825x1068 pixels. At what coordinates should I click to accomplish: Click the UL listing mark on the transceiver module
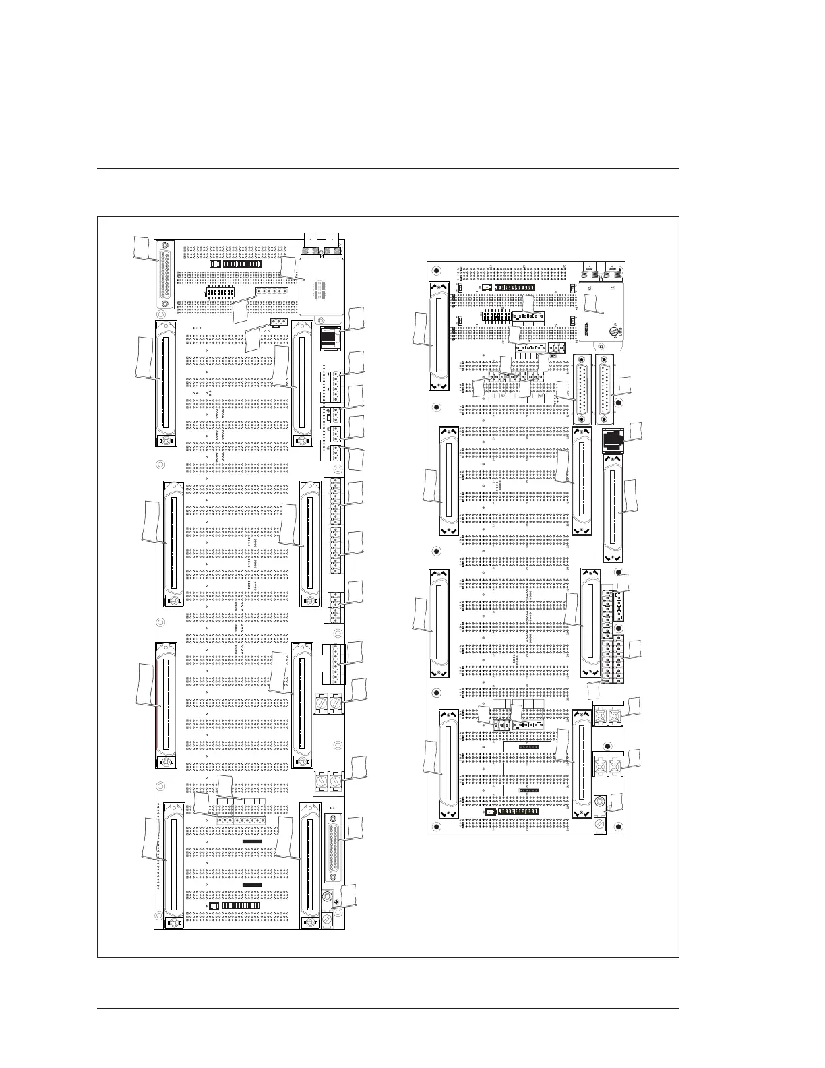[615, 331]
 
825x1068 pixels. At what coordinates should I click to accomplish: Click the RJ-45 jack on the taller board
[329, 337]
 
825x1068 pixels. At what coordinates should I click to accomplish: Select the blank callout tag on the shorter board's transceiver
[591, 302]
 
